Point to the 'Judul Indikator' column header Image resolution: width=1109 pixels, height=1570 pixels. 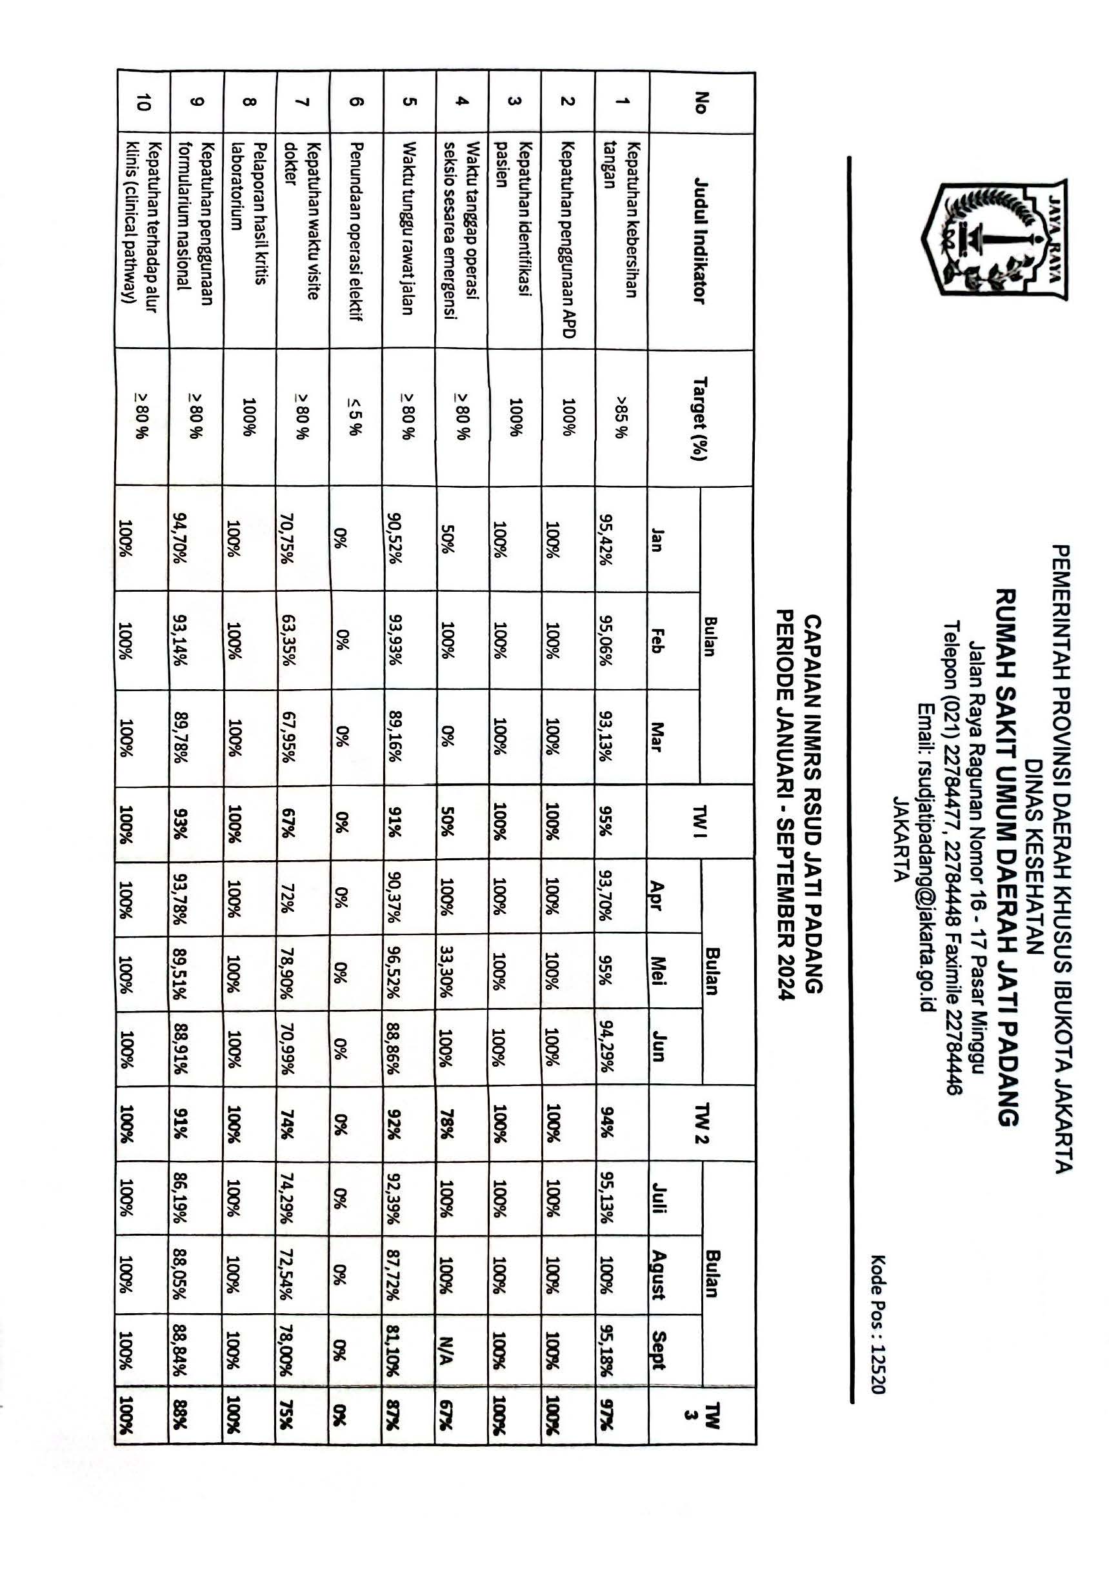pos(700,241)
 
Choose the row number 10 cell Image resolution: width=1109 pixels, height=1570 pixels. pos(141,103)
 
